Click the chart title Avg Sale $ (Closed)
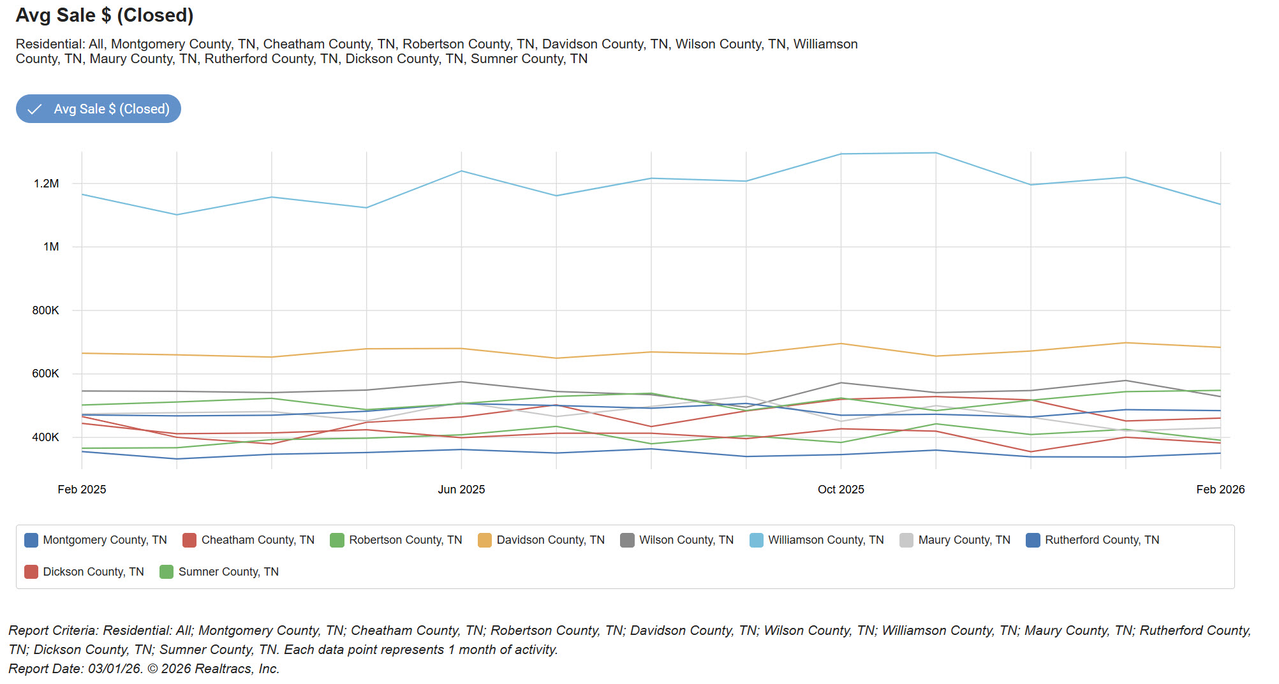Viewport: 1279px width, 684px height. tap(105, 15)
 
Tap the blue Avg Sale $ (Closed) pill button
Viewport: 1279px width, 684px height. tap(98, 109)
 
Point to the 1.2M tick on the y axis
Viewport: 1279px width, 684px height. tap(46, 184)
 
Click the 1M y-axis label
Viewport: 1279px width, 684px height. tap(51, 247)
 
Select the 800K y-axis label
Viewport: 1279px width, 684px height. tap(45, 310)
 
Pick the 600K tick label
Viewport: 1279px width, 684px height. tap(45, 374)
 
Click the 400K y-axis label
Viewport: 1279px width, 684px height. tap(45, 437)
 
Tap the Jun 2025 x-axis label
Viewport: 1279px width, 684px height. tap(461, 490)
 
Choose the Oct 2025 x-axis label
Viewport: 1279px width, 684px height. tap(841, 490)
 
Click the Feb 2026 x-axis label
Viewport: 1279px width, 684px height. tap(1220, 490)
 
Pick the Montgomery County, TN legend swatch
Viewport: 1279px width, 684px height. tap(31, 541)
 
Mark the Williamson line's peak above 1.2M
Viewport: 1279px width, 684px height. tap(936, 153)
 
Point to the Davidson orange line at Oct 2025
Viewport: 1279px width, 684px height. tap(841, 344)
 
